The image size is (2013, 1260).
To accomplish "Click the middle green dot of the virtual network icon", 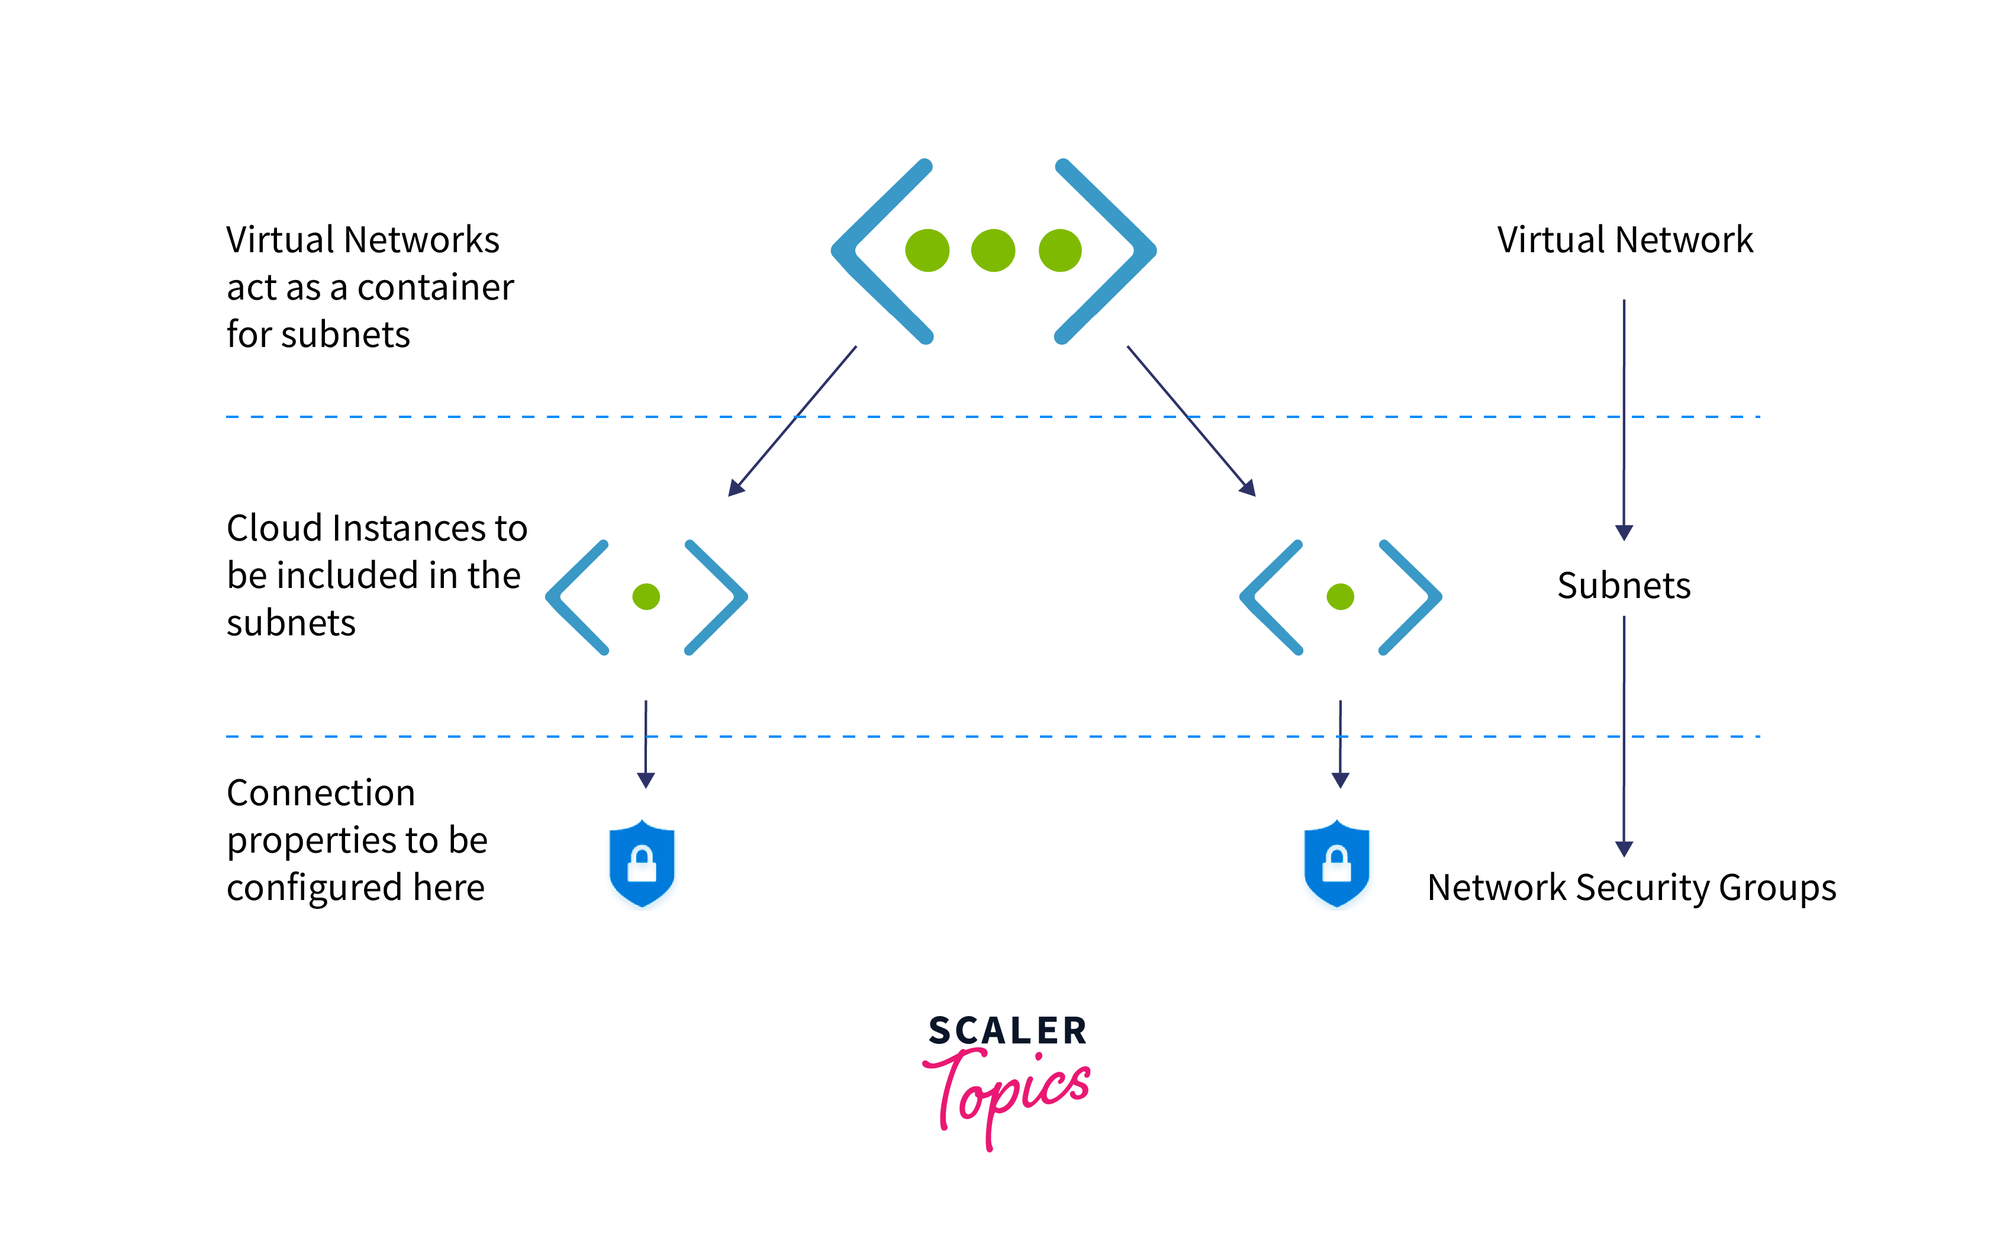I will (993, 250).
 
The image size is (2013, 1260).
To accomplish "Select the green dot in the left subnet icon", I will (646, 597).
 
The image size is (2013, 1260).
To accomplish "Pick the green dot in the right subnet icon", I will (1340, 597).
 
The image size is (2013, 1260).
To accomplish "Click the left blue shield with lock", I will (641, 863).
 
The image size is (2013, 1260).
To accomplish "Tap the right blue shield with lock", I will (1336, 863).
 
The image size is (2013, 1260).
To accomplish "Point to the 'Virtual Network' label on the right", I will (1624, 240).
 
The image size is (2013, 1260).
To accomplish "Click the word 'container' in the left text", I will (435, 288).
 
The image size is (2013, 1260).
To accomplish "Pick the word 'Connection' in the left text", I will (321, 792).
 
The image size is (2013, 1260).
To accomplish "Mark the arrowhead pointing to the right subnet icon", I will (1248, 489).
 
